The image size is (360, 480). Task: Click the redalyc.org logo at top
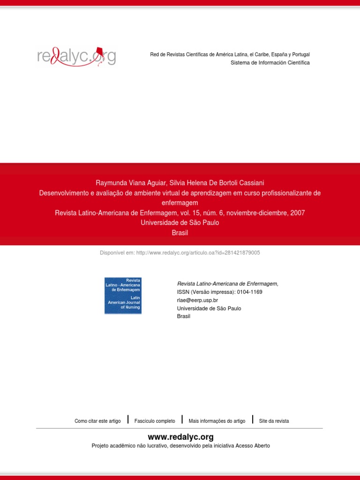[x=76, y=57]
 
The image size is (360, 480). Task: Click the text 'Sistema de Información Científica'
[x=270, y=63]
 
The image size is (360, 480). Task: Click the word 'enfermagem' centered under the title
[x=180, y=203]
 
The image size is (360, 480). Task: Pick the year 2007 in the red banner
[x=297, y=213]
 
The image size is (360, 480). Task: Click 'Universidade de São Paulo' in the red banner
[x=180, y=223]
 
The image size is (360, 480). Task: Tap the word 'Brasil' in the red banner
[x=180, y=233]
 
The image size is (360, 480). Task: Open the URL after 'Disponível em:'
[x=198, y=253]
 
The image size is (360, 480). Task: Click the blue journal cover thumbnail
[x=123, y=295]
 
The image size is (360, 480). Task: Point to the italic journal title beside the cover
[x=227, y=284]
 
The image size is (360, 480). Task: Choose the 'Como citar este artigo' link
[x=97, y=421]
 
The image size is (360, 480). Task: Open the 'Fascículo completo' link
[x=155, y=421]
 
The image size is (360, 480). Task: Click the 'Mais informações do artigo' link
[x=217, y=421]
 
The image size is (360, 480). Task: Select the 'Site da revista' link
[x=274, y=421]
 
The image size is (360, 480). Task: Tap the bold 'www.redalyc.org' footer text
[x=180, y=437]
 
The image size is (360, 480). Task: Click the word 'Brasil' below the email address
[x=184, y=316]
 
